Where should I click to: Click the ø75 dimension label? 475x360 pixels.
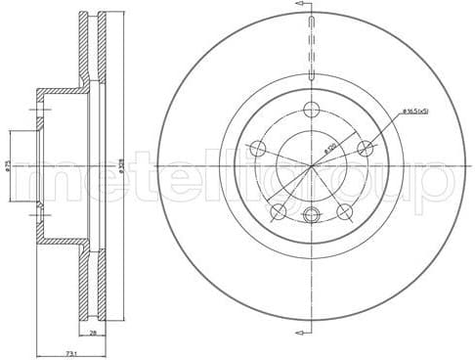tap(9, 166)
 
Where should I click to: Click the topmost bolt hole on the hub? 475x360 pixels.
tap(312, 110)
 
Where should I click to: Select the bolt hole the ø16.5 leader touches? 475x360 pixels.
tap(367, 149)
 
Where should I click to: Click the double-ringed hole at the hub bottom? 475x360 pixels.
tap(312, 216)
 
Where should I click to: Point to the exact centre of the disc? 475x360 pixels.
tap(312, 165)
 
